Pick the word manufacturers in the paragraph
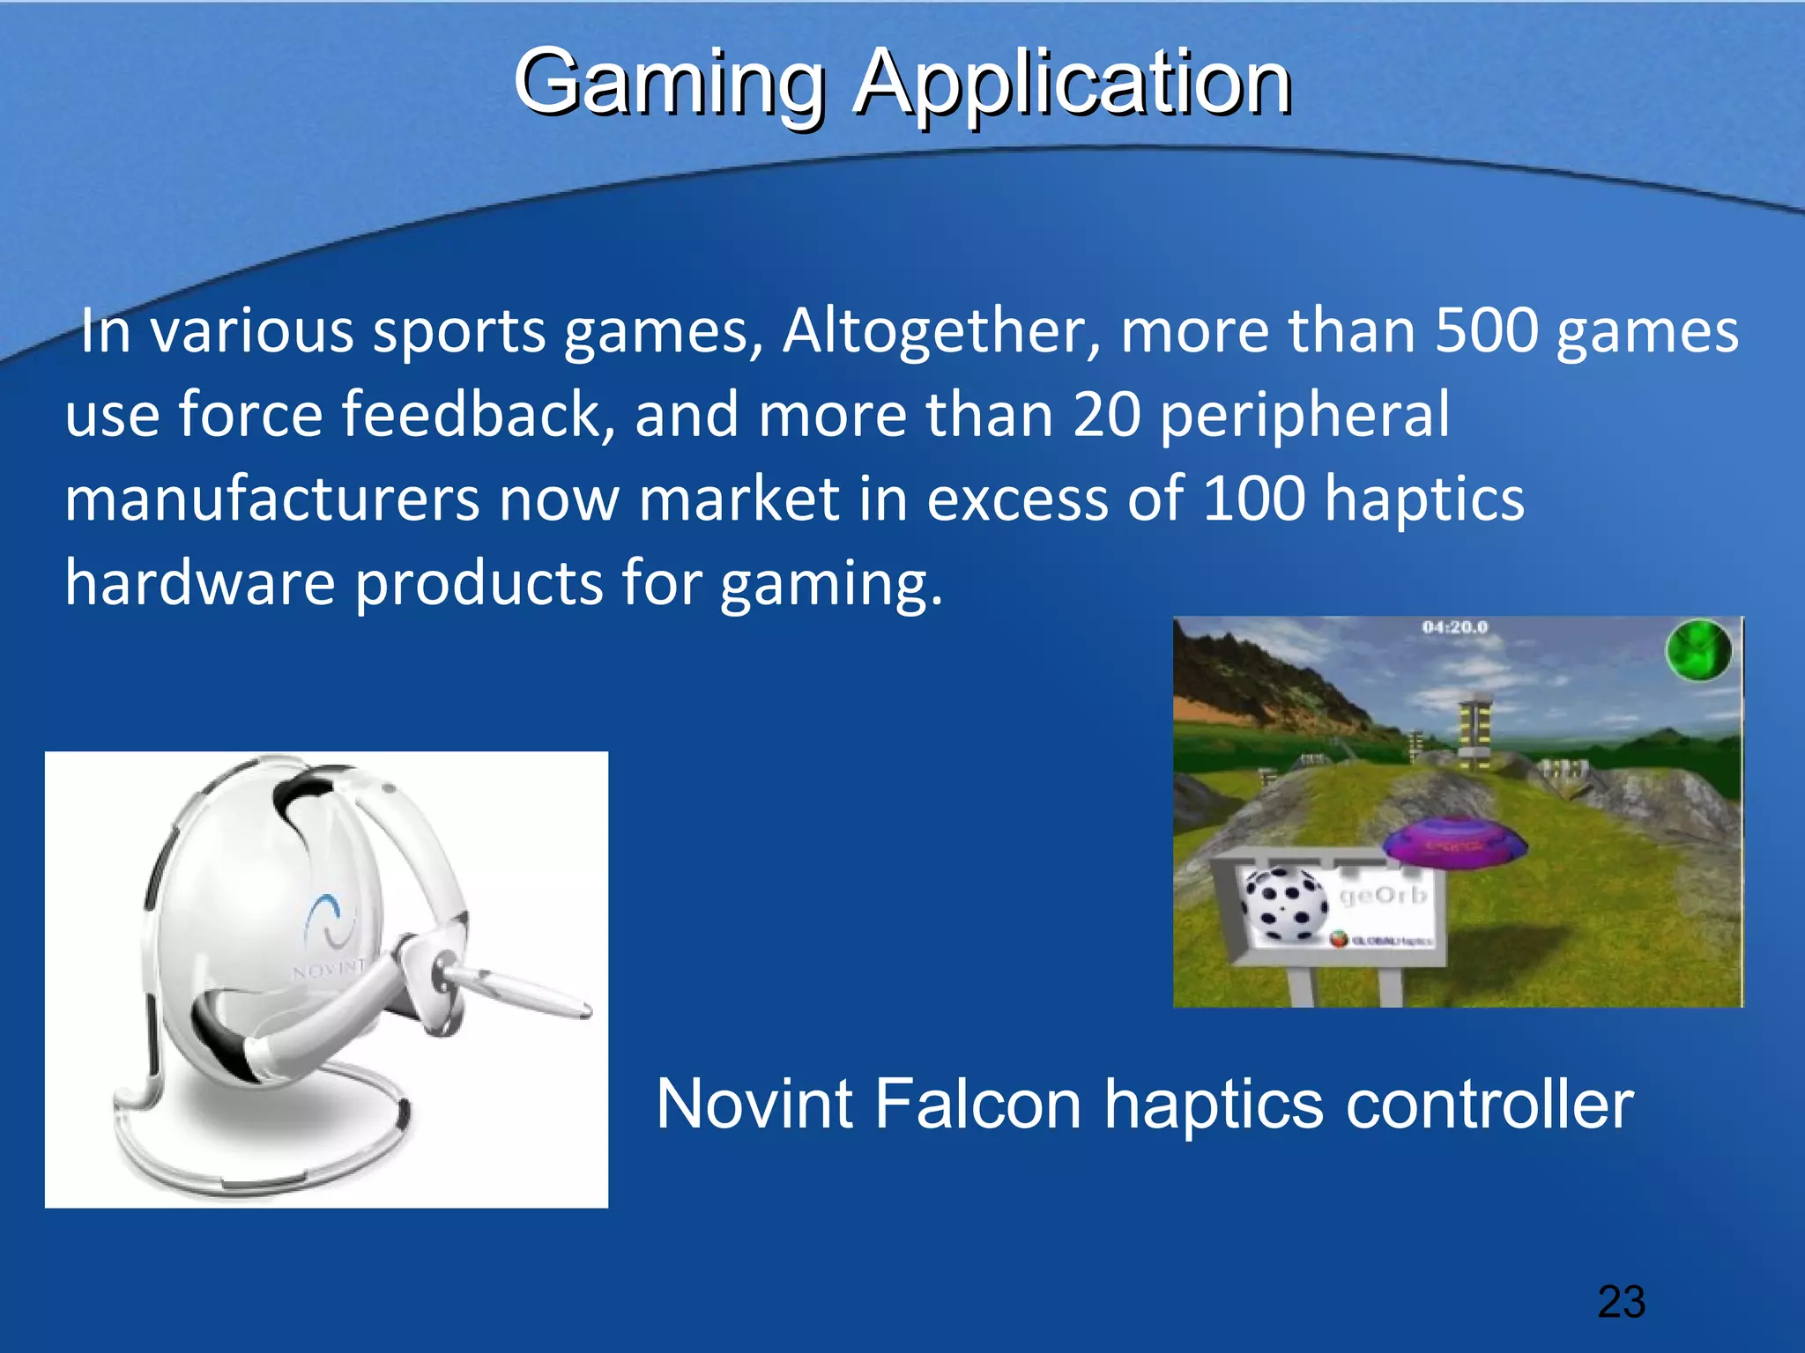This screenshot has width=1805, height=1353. pyautogui.click(x=271, y=499)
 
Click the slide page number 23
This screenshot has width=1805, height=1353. pyautogui.click(x=1621, y=1302)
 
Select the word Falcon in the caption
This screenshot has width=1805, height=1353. pyautogui.click(x=977, y=1105)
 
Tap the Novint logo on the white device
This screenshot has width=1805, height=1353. pyautogui.click(x=330, y=920)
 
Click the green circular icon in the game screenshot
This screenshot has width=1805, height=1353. pyautogui.click(x=1697, y=651)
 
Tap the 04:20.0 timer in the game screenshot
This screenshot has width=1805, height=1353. pyautogui.click(x=1454, y=627)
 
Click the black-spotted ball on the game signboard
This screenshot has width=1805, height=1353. pyautogui.click(x=1283, y=903)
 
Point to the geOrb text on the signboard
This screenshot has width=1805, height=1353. pyautogui.click(x=1382, y=896)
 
